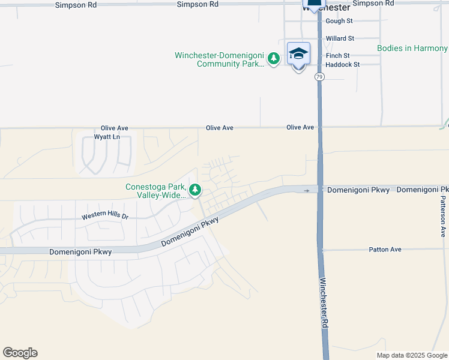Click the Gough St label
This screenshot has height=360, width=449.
pyautogui.click(x=339, y=21)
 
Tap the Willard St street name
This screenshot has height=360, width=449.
pyautogui.click(x=340, y=38)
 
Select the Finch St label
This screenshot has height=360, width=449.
pyautogui.click(x=337, y=56)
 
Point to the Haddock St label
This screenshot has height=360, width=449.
pyautogui.click(x=343, y=64)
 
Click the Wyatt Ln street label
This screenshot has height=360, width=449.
pyautogui.click(x=107, y=137)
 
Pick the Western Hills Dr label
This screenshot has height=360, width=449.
pyautogui.click(x=105, y=215)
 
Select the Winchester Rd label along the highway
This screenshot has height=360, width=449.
pyautogui.click(x=324, y=303)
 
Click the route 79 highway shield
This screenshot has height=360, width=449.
pyautogui.click(x=319, y=77)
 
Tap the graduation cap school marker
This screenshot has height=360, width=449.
pyautogui.click(x=298, y=54)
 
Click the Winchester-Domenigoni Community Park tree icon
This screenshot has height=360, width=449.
pyautogui.click(x=274, y=58)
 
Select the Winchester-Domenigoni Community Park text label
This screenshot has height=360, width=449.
pyautogui.click(x=219, y=59)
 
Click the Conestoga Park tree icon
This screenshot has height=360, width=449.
pyautogui.click(x=195, y=191)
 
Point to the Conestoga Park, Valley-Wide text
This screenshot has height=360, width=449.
pyautogui.click(x=155, y=191)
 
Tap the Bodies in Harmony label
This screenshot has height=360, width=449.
pyautogui.click(x=412, y=48)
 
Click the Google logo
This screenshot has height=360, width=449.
pyautogui.click(x=20, y=353)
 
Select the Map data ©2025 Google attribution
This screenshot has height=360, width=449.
pyautogui.click(x=411, y=355)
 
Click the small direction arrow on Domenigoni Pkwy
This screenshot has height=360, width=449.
pyautogui.click(x=307, y=191)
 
